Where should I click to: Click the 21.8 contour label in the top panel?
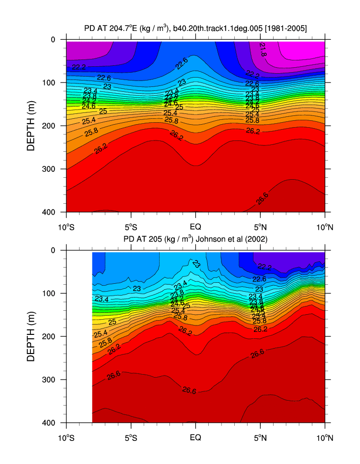[x=263, y=49]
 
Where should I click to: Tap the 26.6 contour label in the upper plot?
[x=263, y=198]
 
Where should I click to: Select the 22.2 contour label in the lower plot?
[x=265, y=267]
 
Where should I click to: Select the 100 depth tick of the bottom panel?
[x=52, y=293]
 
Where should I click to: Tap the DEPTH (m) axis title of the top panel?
[x=32, y=126]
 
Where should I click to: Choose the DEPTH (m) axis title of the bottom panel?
[x=32, y=336]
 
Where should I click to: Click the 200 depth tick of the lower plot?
[x=52, y=336]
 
